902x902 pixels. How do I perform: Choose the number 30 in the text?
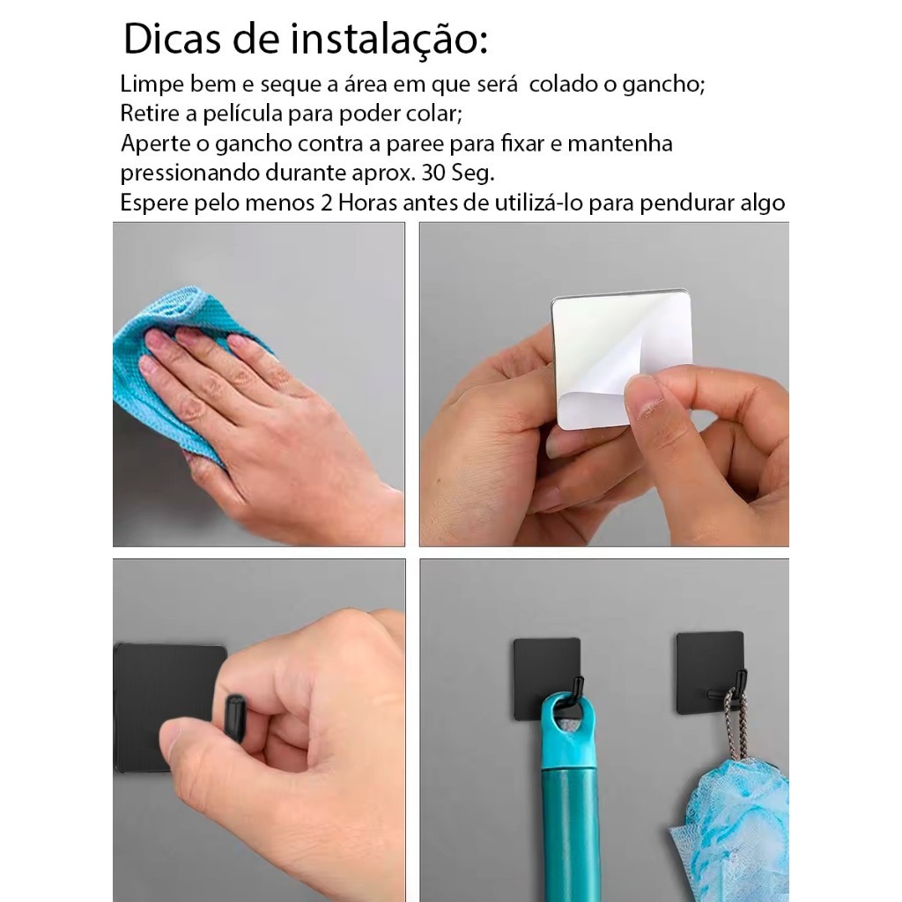tap(433, 174)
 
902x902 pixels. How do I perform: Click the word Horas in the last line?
tap(367, 203)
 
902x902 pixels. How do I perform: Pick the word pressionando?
tap(190, 174)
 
